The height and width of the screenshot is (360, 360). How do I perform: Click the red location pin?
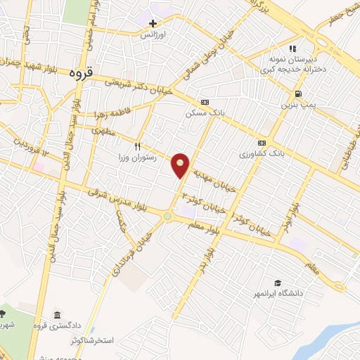point(181,165)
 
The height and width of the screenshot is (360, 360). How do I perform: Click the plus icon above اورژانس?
point(153,23)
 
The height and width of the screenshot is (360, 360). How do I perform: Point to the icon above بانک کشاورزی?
point(262,141)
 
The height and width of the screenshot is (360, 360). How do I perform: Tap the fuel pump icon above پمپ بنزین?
point(300,94)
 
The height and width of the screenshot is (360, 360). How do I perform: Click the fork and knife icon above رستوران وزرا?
point(138,147)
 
